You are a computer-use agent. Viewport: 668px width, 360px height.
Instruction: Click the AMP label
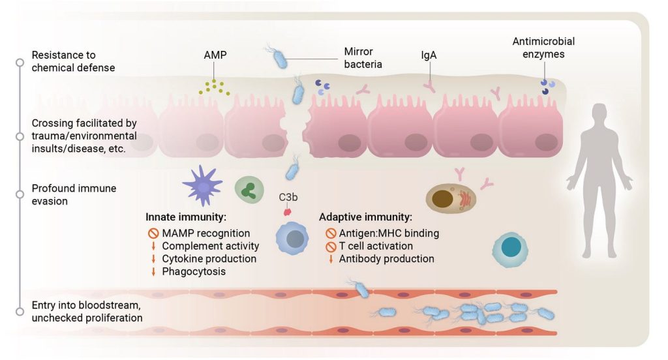tap(215, 55)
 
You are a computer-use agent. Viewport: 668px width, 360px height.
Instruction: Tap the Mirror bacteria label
tap(363, 57)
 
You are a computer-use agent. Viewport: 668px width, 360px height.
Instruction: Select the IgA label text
tap(429, 55)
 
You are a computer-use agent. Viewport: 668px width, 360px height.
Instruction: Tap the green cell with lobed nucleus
tap(247, 189)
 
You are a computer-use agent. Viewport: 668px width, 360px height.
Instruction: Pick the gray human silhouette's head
tap(599, 116)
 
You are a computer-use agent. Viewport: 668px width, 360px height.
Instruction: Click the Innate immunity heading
tap(186, 217)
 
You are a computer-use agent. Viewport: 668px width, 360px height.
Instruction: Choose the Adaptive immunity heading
tap(365, 217)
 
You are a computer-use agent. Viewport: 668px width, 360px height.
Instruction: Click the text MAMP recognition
tap(205, 233)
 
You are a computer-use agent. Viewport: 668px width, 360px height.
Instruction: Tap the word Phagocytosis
tap(194, 271)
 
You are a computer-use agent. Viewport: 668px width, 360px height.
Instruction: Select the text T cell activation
tap(375, 246)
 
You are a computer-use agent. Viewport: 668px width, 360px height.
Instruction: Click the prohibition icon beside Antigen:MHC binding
tap(330, 233)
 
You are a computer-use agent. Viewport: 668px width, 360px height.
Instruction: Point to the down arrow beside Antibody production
tap(330, 259)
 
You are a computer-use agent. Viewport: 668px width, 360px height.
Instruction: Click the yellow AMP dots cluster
tap(215, 87)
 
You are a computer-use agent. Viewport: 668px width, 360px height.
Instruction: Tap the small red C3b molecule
tap(286, 211)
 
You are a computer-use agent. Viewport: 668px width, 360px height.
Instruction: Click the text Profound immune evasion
tap(74, 194)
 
